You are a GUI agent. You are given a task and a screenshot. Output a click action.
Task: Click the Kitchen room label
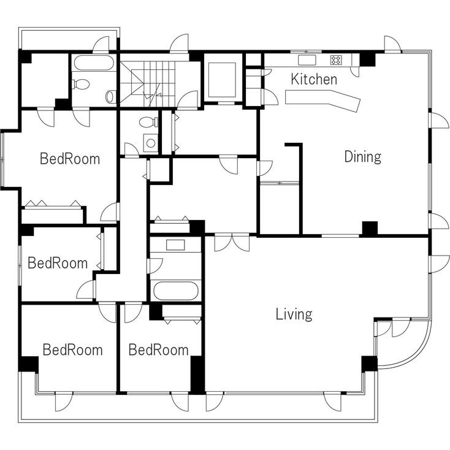[x=314, y=79]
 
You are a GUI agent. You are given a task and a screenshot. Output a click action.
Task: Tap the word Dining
[x=362, y=156]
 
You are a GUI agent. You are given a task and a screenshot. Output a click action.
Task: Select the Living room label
[x=294, y=315]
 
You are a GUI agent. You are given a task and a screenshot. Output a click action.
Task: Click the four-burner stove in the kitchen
[x=336, y=60]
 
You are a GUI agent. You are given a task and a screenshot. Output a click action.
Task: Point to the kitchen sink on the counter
[x=306, y=60]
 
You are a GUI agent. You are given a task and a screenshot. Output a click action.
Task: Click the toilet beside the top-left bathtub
[x=82, y=85]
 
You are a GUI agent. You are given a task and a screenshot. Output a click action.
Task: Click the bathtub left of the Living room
[x=177, y=290]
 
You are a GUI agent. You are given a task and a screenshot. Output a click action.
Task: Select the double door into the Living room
[x=232, y=242]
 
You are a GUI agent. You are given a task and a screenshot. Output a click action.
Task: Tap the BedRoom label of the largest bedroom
[x=69, y=159]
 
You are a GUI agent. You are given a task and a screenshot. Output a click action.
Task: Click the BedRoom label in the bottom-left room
[x=72, y=350]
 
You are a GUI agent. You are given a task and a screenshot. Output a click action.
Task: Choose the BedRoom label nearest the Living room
[x=158, y=350]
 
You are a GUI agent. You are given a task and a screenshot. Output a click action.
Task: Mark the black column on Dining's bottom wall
[x=370, y=228]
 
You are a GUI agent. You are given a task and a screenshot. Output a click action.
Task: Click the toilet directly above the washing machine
[x=147, y=122]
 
